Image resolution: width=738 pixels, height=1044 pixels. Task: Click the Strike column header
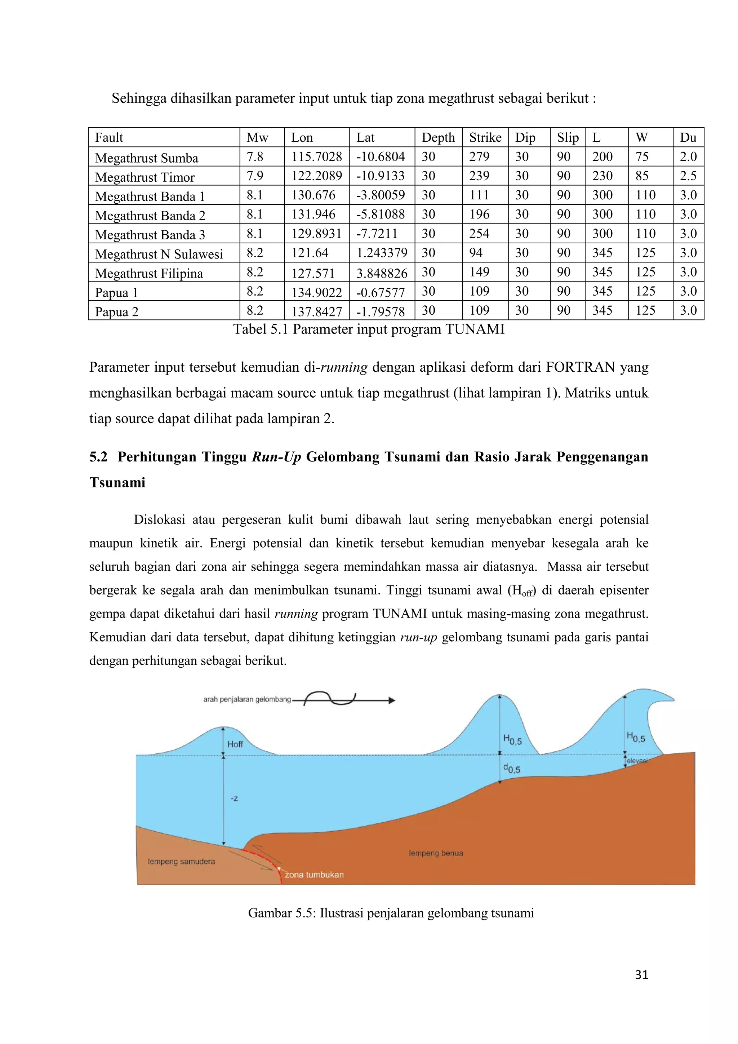pos(485,137)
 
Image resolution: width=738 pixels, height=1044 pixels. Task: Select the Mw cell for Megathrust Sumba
pos(255,157)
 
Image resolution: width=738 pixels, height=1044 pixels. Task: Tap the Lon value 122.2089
pos(316,176)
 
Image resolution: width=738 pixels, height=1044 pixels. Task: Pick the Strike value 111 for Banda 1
pos(479,195)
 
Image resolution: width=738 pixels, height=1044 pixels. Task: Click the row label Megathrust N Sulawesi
pos(159,254)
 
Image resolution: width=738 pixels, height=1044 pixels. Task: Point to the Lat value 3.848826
pos(382,273)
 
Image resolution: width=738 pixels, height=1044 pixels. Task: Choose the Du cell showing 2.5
pos(688,176)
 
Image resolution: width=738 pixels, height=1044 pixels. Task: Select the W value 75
pos(642,157)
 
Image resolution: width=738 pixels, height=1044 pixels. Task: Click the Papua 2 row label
pos(116,311)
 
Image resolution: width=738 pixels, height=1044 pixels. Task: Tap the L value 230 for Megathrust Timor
pos(602,176)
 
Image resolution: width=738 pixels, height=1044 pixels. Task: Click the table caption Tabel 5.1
pos(369,329)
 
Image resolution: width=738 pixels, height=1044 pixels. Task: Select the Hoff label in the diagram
pos(235,744)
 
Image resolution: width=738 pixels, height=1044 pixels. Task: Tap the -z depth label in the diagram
pos(234,799)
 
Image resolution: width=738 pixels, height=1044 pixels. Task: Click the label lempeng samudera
pos(181,862)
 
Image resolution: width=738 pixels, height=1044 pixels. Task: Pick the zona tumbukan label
pos(314,875)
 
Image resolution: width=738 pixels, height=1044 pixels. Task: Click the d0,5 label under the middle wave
pos(512,769)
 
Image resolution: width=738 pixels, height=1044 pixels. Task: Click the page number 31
pos(641,974)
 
